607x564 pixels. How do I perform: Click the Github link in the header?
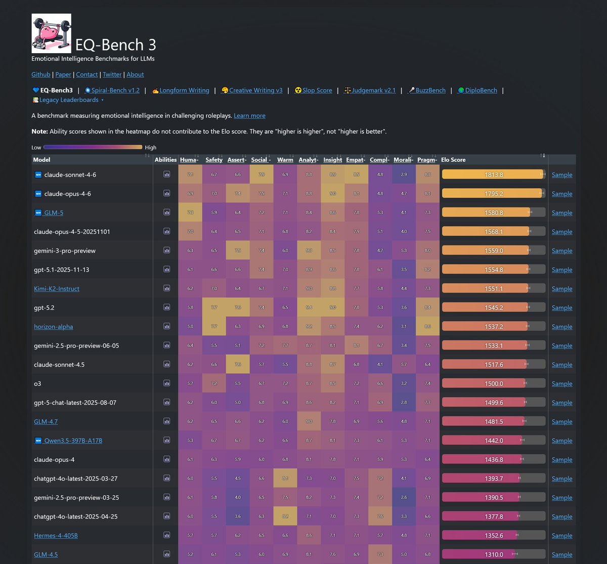coord(41,74)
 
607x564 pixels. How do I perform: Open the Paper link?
coord(63,74)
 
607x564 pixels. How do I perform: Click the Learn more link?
coord(249,116)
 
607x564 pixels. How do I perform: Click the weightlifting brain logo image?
coord(52,33)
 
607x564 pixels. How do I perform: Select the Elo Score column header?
coord(454,160)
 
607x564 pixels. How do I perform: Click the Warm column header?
coord(285,160)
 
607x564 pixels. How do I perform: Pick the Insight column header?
coord(332,160)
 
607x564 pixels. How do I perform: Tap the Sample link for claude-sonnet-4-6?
coord(562,175)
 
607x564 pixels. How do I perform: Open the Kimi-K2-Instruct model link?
coord(57,289)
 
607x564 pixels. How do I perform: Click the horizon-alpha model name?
coord(54,327)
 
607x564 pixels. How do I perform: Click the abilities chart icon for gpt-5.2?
coord(166,308)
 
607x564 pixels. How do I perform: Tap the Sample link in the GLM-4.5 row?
coord(562,555)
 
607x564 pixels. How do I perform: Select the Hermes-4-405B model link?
coord(56,536)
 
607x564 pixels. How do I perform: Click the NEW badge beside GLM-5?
coord(38,213)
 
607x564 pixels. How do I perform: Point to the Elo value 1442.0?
coord(494,441)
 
